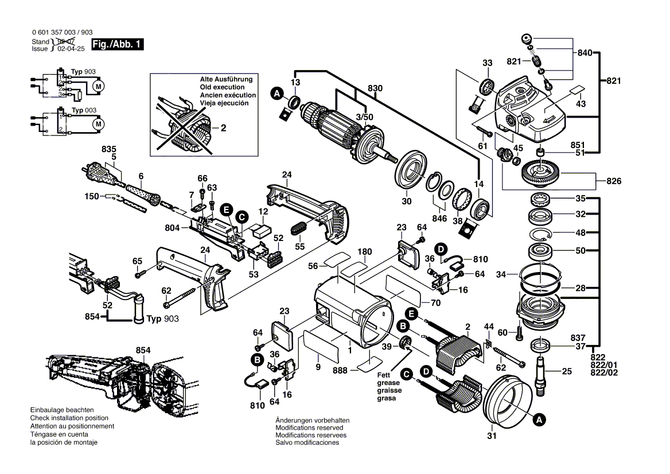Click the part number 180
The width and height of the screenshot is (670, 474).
tap(364, 251)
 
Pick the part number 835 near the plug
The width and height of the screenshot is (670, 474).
tap(108, 149)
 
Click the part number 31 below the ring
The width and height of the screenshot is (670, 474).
tap(491, 436)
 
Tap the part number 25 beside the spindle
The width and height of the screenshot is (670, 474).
tap(566, 372)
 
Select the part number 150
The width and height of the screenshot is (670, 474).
tap(92, 197)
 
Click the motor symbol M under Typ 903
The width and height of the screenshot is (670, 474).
tap(98, 86)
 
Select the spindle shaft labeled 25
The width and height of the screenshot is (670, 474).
tap(541, 372)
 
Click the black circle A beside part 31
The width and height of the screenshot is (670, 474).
tap(538, 421)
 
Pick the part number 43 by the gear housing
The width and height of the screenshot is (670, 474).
tap(580, 104)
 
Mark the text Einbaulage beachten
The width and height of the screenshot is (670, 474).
tap(62, 410)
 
